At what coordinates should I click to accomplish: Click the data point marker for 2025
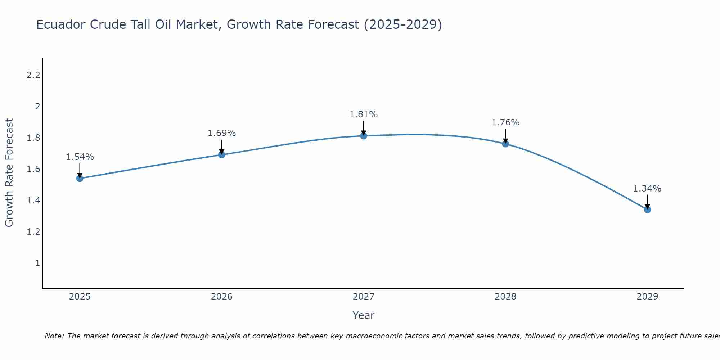click(80, 178)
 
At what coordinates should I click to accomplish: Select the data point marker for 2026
click(222, 155)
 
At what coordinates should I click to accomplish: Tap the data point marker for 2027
click(364, 136)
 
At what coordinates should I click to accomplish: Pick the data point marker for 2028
click(505, 144)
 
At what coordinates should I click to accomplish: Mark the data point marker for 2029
click(647, 210)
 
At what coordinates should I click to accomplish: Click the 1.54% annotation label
click(80, 157)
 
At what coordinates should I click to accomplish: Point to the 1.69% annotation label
click(222, 133)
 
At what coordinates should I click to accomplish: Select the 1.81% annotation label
click(364, 114)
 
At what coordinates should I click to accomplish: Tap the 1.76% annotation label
click(505, 122)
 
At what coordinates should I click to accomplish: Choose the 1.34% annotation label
click(647, 189)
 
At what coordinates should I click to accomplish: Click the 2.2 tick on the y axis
click(33, 75)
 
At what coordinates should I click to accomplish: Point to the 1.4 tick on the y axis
click(33, 201)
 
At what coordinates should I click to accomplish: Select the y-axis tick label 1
click(37, 263)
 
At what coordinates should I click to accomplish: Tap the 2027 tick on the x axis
click(364, 297)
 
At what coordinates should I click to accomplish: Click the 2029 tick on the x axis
click(647, 297)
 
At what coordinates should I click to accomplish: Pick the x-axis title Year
click(364, 315)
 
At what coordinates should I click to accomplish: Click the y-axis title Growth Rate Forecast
click(9, 173)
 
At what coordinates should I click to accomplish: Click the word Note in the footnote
click(54, 336)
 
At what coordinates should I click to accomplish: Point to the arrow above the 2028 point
click(505, 136)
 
